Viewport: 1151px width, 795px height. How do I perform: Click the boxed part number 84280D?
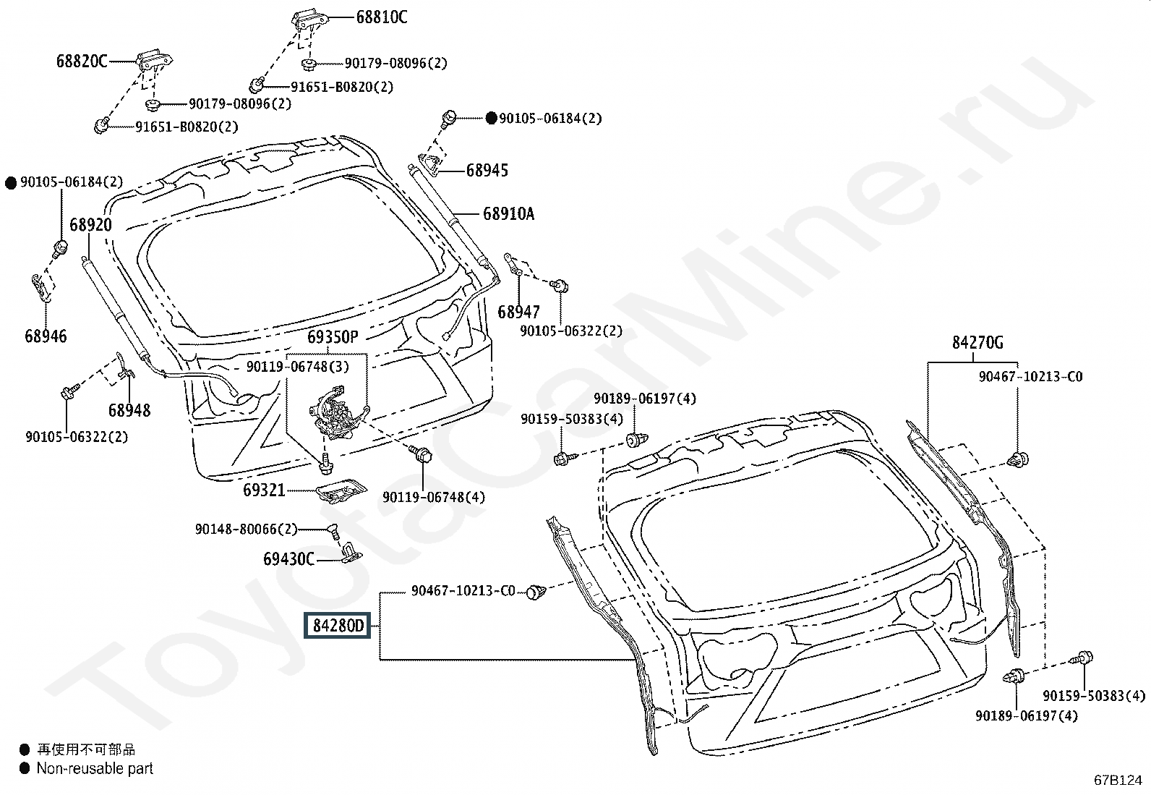(x=337, y=625)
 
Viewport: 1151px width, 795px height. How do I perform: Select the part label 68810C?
(x=382, y=17)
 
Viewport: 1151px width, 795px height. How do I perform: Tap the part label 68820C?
(x=82, y=61)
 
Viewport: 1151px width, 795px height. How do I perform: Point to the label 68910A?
(x=509, y=213)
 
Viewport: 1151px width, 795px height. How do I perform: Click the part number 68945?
(x=487, y=170)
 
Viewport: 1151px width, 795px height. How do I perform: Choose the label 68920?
(x=90, y=225)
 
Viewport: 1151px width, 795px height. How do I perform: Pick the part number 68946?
(x=46, y=336)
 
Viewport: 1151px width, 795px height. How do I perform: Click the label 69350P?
(x=333, y=337)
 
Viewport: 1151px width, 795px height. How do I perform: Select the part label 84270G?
(x=977, y=342)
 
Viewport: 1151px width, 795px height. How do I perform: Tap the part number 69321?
(x=264, y=490)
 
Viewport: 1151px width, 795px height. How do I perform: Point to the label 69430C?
(x=288, y=559)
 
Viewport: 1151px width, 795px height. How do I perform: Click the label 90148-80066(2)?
(x=246, y=529)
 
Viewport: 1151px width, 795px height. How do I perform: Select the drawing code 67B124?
(x=1118, y=780)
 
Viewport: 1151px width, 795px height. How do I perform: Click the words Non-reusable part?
(x=95, y=768)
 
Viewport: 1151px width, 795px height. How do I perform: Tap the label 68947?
(x=518, y=312)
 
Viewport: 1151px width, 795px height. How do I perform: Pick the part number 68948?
(x=129, y=410)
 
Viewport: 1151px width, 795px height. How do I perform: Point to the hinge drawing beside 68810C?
(x=310, y=20)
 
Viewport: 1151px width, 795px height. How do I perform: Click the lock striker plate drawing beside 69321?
(x=342, y=491)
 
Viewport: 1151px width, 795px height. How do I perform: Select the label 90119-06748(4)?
(x=434, y=497)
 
